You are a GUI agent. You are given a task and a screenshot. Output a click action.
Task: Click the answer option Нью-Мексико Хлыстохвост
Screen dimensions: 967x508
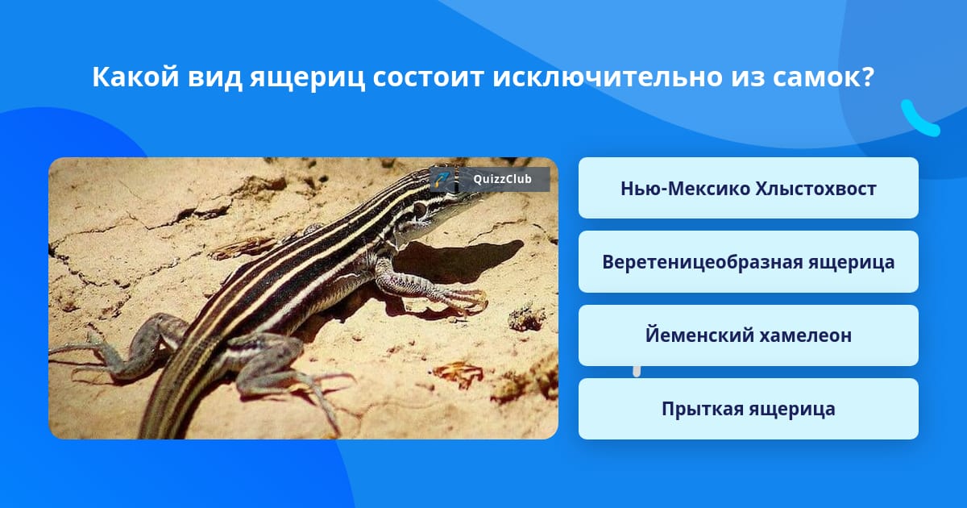[x=748, y=188]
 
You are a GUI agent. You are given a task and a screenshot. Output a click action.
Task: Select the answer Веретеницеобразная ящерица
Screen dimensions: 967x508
[x=748, y=262]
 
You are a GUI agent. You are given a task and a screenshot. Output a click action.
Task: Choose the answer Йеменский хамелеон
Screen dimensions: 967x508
[x=748, y=335]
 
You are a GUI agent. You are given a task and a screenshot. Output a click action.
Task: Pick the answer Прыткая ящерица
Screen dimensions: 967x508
[x=748, y=409]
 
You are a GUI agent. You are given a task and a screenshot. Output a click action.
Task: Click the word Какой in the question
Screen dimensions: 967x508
[x=135, y=77]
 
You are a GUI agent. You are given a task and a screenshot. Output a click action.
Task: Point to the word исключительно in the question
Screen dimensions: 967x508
[x=608, y=77]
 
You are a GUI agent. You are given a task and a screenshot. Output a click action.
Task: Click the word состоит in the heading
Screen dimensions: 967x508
[x=428, y=77]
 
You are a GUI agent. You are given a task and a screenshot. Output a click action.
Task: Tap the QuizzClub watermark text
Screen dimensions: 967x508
[x=502, y=179]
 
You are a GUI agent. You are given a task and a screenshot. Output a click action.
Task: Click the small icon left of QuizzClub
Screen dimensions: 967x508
[x=442, y=179]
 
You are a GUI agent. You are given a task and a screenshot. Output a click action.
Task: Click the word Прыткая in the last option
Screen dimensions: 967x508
[x=702, y=409]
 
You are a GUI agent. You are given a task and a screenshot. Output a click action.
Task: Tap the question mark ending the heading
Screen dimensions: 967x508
[x=868, y=77]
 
